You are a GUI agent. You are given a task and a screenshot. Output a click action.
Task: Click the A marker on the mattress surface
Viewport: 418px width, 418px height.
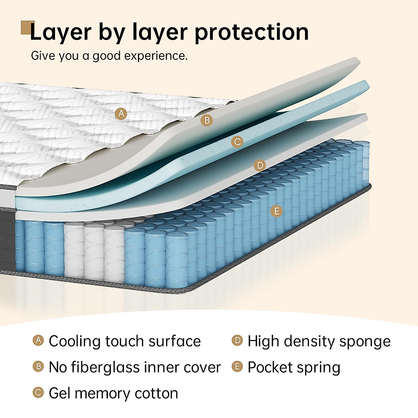[121, 114]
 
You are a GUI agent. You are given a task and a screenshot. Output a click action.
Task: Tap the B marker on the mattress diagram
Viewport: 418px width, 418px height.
[207, 121]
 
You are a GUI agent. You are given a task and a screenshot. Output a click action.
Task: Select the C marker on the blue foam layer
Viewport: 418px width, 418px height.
[237, 142]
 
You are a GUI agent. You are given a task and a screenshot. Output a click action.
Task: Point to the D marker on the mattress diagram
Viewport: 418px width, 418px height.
[260, 165]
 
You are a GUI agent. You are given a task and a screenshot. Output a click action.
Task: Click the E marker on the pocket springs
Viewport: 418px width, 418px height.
[277, 211]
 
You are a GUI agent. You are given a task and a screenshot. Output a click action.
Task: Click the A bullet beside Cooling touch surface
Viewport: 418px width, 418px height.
[38, 340]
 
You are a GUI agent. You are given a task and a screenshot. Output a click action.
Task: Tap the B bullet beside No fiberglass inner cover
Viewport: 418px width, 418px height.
[38, 366]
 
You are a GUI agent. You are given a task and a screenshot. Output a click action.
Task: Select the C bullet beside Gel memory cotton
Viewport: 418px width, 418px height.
[38, 393]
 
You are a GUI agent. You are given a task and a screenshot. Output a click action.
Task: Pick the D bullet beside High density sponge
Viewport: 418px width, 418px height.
[237, 340]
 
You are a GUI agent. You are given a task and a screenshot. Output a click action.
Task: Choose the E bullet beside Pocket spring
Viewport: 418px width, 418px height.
[237, 366]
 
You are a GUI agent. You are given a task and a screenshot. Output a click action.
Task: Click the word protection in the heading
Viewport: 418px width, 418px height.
[251, 32]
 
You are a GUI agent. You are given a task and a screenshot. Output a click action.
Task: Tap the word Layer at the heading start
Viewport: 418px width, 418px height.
[60, 32]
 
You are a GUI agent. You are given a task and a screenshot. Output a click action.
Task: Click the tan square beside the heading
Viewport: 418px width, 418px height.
[27, 27]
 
